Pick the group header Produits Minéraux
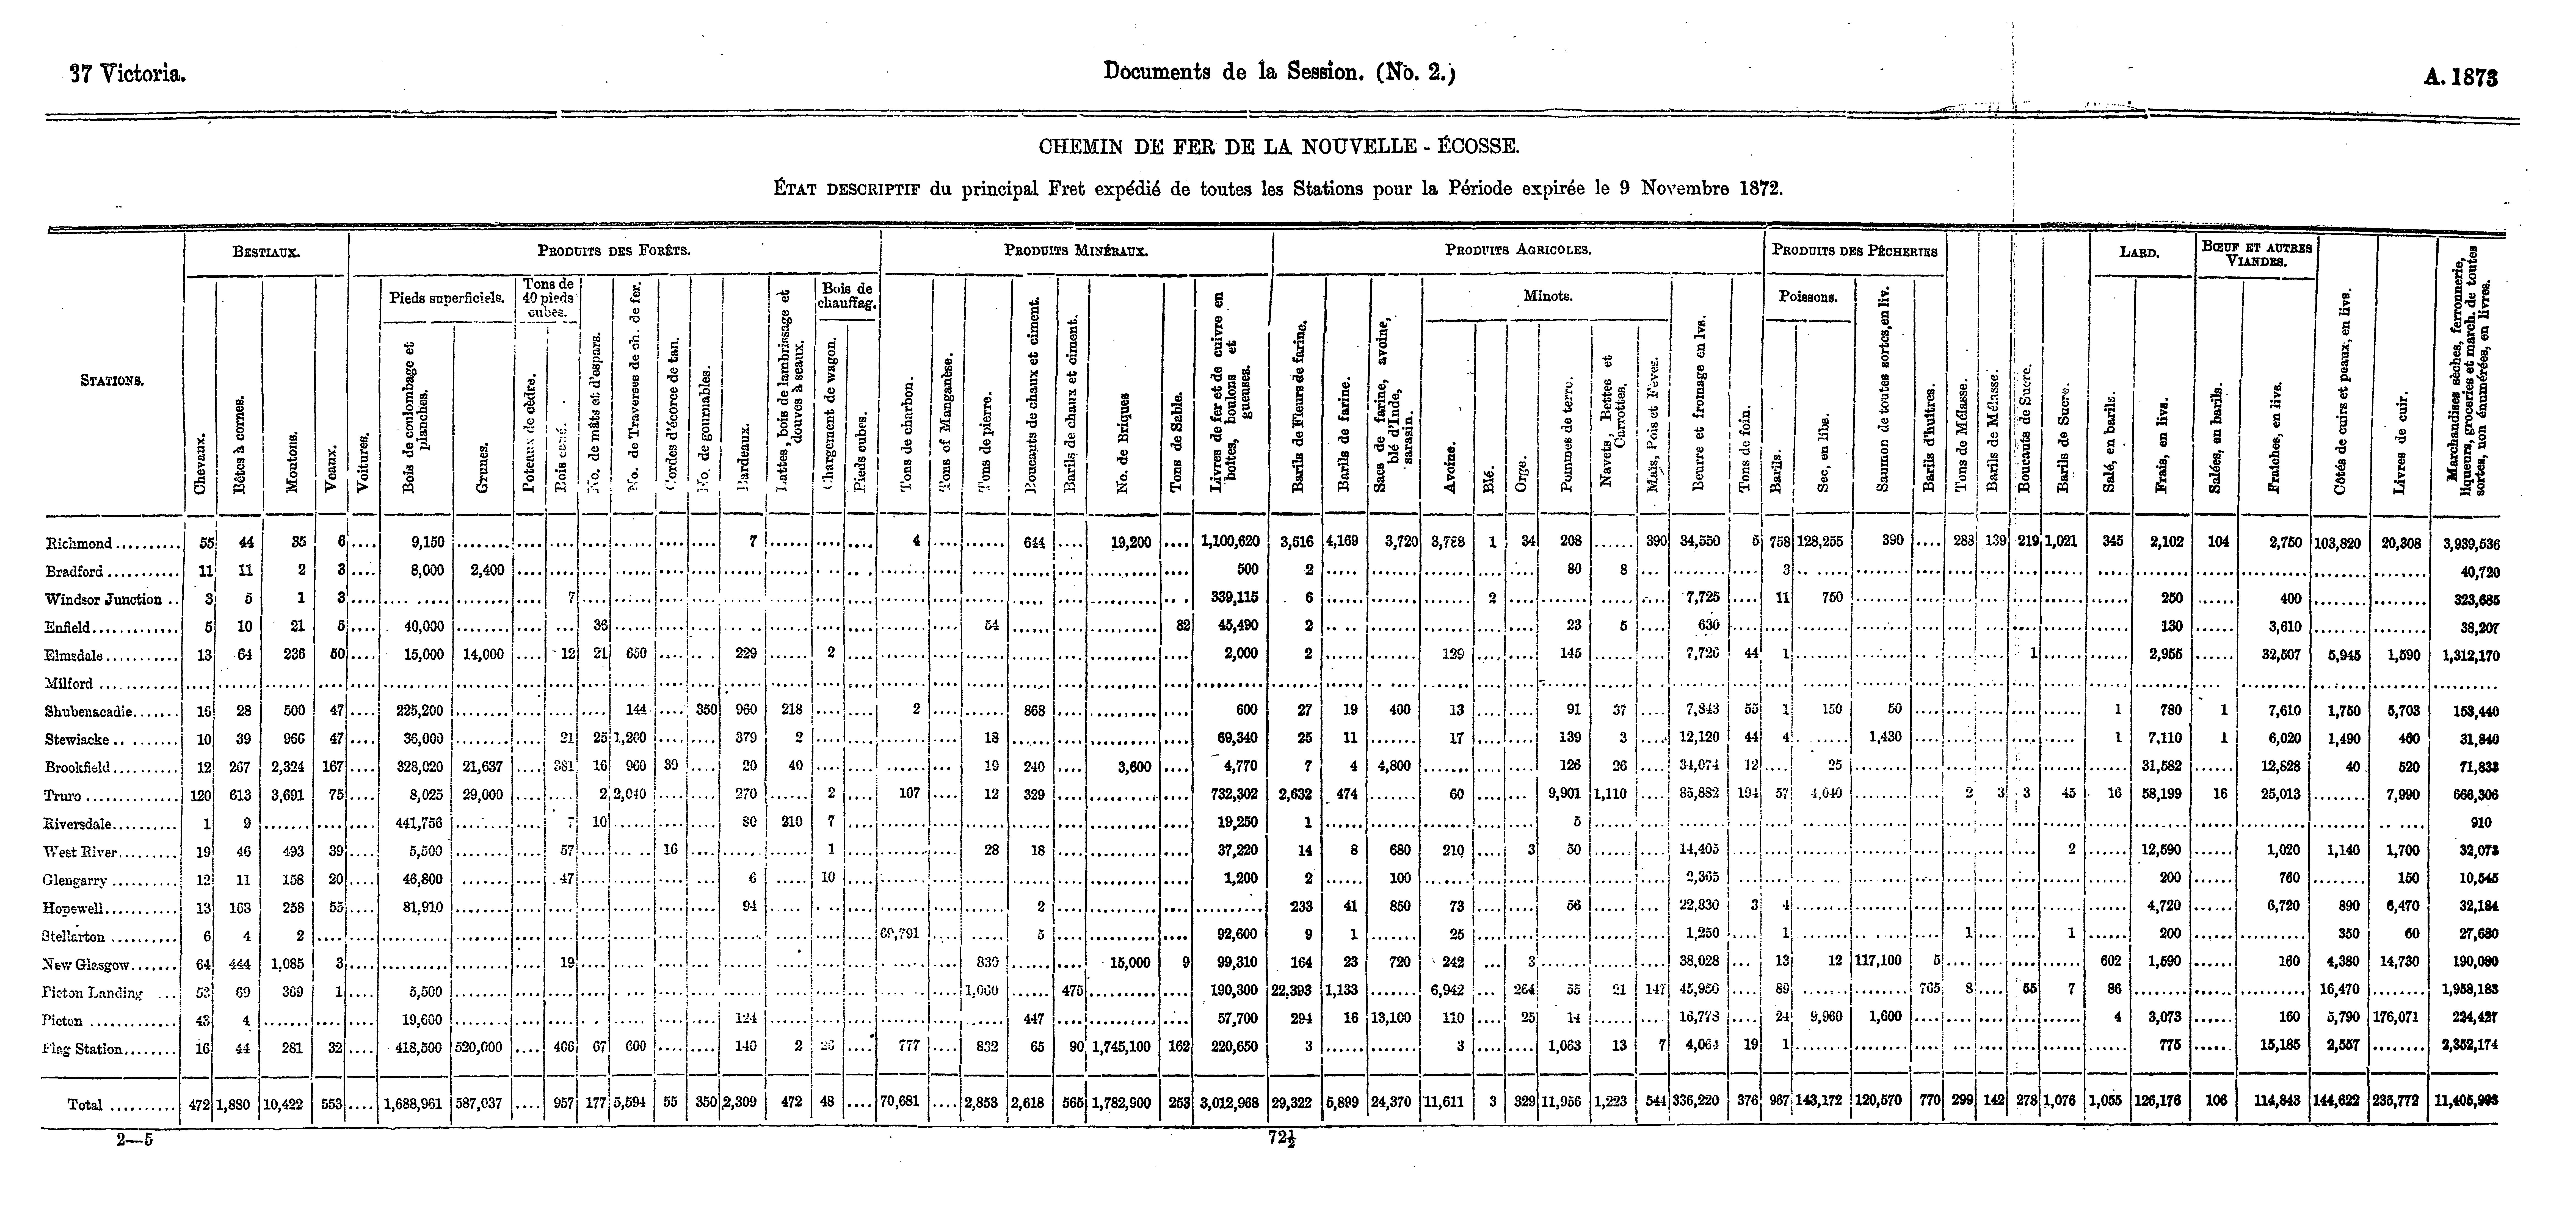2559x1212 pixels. (1076, 250)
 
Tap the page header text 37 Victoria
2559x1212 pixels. (127, 73)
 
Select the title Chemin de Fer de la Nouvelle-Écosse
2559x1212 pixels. (1277, 147)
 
